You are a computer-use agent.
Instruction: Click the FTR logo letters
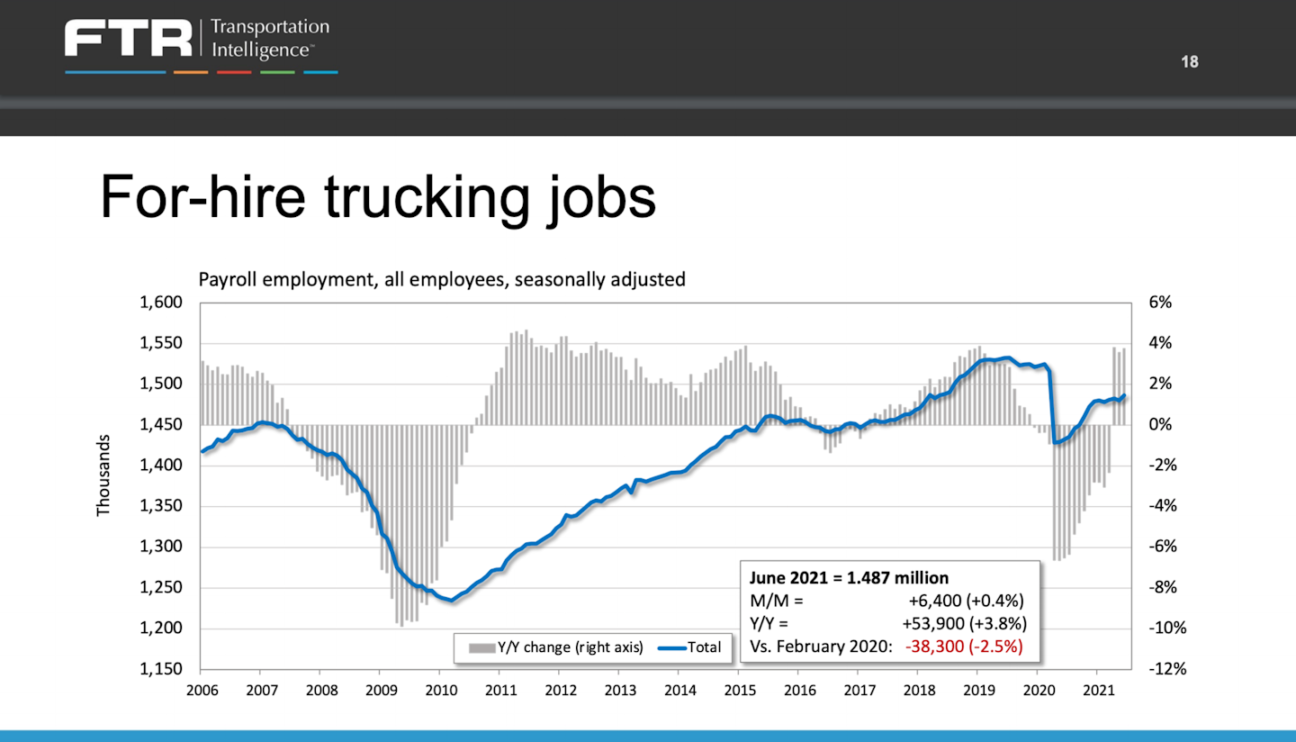coord(129,40)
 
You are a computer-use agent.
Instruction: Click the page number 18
coord(1190,62)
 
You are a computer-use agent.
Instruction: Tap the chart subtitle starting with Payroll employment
coord(441,279)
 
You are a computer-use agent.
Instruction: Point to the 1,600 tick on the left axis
coord(161,303)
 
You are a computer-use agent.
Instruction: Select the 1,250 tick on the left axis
coord(161,588)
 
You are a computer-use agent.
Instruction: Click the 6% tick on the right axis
coord(1160,303)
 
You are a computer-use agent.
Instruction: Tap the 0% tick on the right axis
coord(1160,425)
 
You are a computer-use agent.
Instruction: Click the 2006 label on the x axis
coord(200,691)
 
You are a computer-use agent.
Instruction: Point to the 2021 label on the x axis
coord(1096,691)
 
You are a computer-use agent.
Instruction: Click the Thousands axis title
coord(103,475)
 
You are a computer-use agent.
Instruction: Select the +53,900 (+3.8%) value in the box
coord(963,623)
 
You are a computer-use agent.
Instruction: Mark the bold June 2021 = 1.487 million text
coord(849,578)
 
